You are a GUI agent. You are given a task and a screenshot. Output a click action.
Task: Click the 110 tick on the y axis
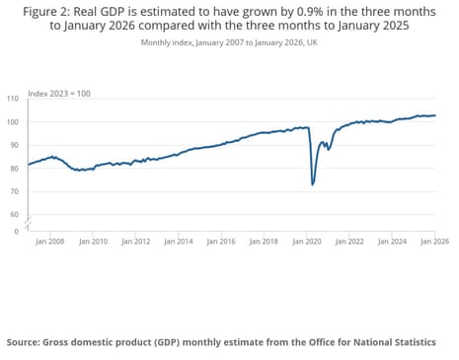coord(13,100)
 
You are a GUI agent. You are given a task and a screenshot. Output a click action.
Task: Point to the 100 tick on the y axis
coord(13,122)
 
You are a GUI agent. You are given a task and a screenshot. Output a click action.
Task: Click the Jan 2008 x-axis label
coord(51,240)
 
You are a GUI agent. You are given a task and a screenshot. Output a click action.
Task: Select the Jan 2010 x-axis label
coord(94,240)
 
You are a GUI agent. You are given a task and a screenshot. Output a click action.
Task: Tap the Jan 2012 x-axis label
coord(136,240)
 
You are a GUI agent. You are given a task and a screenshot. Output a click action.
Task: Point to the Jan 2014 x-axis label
coord(179,240)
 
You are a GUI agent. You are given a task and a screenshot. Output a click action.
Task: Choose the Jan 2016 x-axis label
coord(222,240)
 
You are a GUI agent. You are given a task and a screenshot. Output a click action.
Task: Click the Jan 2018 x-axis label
coord(265,240)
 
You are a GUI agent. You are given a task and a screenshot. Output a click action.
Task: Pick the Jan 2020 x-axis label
coord(307,240)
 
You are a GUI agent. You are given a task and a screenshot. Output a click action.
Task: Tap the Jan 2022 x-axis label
coord(349,240)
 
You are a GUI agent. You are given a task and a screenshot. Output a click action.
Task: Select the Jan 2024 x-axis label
coord(392,240)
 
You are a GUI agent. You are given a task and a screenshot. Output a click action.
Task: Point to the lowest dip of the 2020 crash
coord(313,184)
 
